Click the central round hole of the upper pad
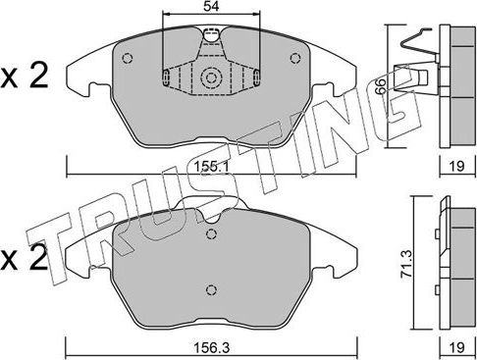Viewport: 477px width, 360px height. pyautogui.click(x=209, y=78)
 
